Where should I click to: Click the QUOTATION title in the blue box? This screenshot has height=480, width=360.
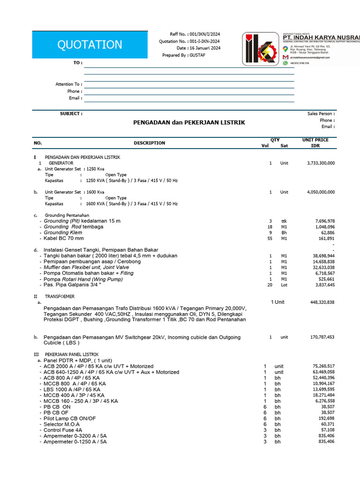pyautogui.click(x=90, y=45)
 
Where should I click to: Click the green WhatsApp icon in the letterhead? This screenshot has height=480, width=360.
pyautogui.click(x=285, y=63)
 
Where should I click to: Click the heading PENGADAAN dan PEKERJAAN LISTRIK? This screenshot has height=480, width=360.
pyautogui.click(x=189, y=123)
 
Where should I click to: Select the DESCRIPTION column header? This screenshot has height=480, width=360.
pyautogui.click(x=149, y=143)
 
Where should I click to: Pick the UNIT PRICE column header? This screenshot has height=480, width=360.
pyautogui.click(x=315, y=140)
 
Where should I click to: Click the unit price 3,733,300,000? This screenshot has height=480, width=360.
pyautogui.click(x=321, y=163)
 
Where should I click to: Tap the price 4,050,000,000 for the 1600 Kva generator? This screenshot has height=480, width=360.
pyautogui.click(x=321, y=192)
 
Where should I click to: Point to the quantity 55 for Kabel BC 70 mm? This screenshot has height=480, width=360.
pyautogui.click(x=270, y=239)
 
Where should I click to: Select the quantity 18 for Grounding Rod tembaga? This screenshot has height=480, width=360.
pyautogui.click(x=270, y=227)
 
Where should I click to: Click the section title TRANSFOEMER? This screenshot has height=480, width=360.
pyautogui.click(x=60, y=297)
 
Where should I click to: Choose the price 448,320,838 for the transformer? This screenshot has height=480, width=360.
pyautogui.click(x=322, y=302)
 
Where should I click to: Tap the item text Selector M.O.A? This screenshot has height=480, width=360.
pyautogui.click(x=62, y=424)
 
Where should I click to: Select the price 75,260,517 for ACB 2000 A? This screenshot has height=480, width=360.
pyautogui.click(x=323, y=366)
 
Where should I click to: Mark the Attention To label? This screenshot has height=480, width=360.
pyautogui.click(x=68, y=84)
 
